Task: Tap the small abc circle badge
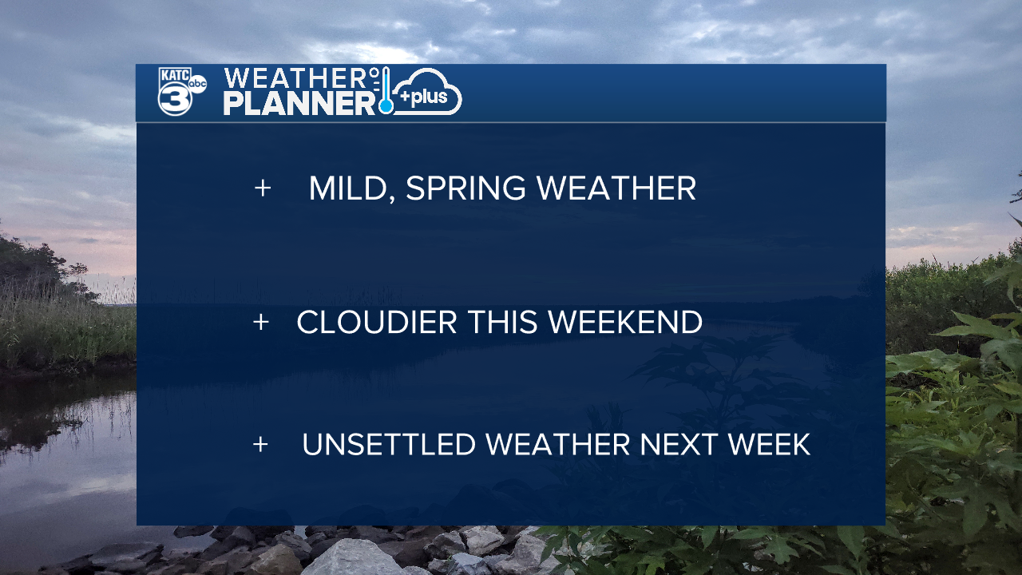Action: pos(197,84)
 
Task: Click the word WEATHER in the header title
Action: pos(295,78)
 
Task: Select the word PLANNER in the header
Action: pos(299,103)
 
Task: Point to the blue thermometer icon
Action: pos(386,90)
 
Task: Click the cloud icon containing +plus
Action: pos(427,92)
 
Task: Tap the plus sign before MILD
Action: pos(263,188)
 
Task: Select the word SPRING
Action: pos(465,188)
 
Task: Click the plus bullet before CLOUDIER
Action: pos(261,322)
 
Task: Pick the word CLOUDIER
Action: pos(377,322)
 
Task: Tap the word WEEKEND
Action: pos(625,322)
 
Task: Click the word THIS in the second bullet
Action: pos(503,322)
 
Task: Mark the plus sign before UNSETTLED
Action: pos(260,445)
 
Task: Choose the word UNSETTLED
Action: pos(389,445)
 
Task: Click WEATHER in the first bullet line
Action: pos(616,188)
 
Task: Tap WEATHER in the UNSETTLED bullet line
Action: pos(558,445)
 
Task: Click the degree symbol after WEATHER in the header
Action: pos(374,72)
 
